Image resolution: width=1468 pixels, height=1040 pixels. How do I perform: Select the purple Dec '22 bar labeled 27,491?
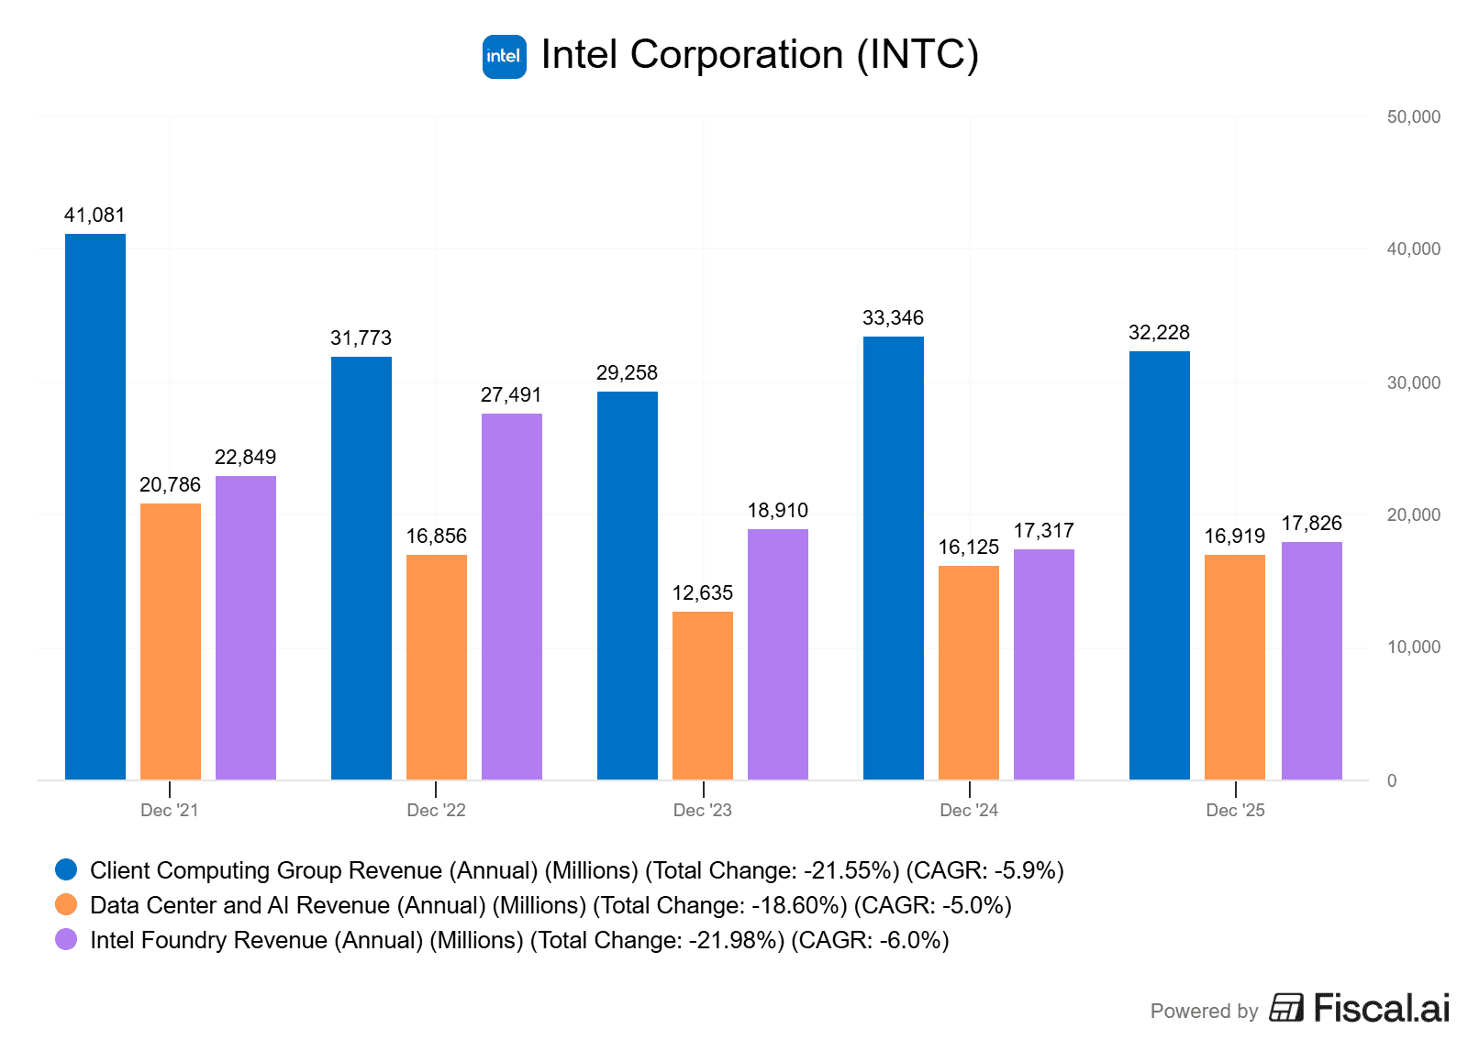[512, 596]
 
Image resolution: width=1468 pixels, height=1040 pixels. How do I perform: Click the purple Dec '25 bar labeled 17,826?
[1312, 660]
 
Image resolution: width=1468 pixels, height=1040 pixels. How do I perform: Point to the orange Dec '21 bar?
[171, 641]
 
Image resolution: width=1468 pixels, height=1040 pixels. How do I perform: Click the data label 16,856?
[437, 537]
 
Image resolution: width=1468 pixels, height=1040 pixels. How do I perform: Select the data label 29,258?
[628, 373]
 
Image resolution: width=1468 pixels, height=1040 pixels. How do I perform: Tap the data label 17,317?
[1044, 531]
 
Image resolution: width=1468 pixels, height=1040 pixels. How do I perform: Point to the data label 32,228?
[1160, 333]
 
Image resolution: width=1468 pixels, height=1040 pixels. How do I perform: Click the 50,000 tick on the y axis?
[1414, 117]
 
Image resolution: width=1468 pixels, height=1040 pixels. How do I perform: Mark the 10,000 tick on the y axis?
[1414, 647]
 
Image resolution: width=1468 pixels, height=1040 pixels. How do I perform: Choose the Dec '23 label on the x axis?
[703, 811]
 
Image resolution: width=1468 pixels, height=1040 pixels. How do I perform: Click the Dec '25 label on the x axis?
[1236, 811]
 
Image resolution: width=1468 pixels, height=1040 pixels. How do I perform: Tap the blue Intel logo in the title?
[505, 57]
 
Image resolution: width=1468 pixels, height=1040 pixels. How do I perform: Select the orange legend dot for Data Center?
[66, 905]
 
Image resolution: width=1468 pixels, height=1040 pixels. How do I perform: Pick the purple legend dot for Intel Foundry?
[66, 940]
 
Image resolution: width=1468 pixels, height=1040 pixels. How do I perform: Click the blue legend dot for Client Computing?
[66, 870]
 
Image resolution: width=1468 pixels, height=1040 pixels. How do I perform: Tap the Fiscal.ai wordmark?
[1382, 1009]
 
